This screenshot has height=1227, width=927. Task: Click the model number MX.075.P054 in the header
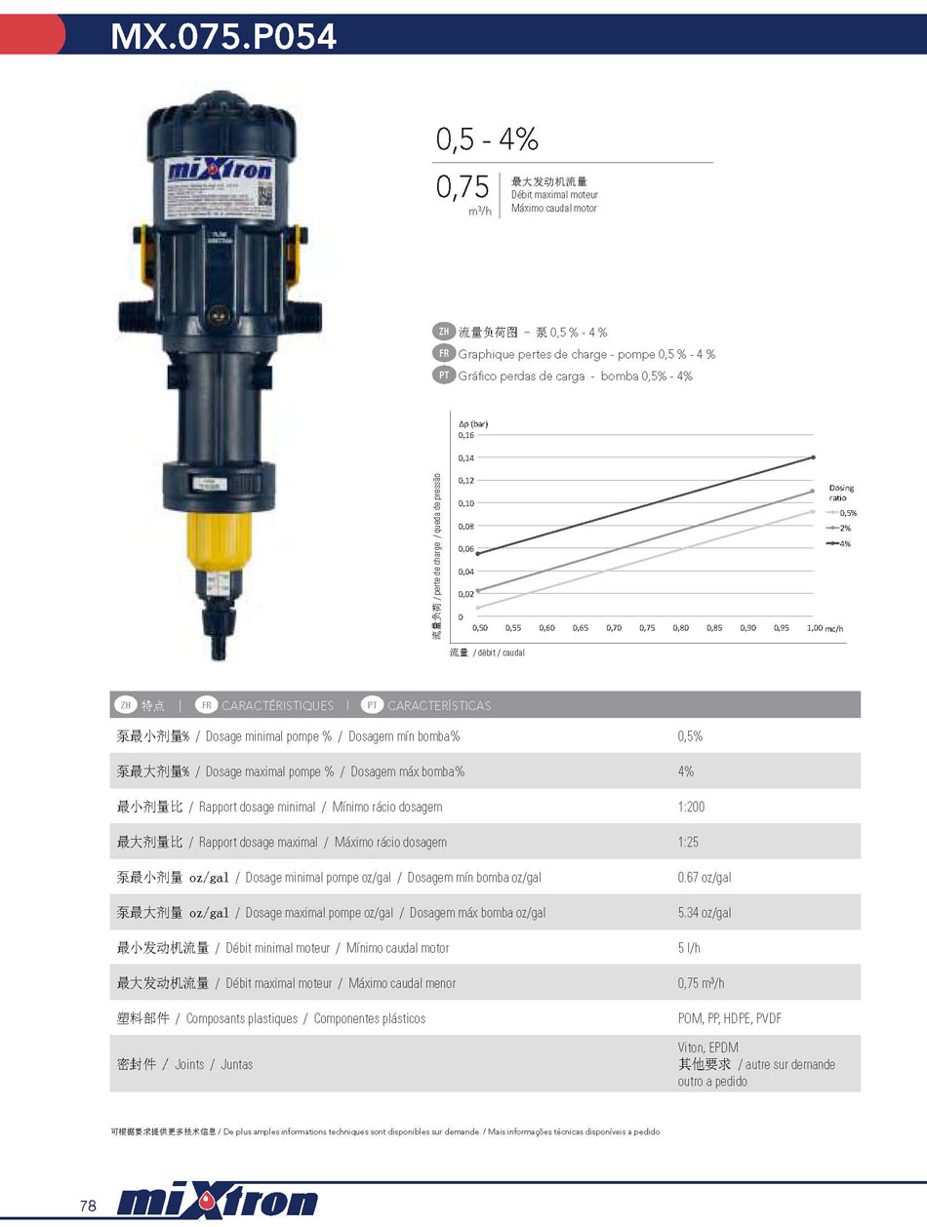pos(223,36)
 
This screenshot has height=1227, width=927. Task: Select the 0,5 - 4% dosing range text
pos(487,139)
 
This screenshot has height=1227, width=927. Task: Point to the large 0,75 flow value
pos(463,188)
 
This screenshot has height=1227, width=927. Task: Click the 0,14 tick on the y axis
pos(465,457)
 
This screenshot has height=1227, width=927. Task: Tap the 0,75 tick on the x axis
pos(647,628)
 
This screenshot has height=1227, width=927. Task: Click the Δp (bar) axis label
pos(473,424)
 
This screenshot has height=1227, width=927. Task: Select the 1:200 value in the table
pos(691,807)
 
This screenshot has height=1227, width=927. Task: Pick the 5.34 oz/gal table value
pos(705,913)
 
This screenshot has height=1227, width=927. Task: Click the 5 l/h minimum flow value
pos(689,948)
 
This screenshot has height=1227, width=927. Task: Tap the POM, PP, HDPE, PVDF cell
pos(730,1018)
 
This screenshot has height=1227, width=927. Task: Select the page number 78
pos(89,1206)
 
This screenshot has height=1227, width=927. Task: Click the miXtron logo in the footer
pos(217,1203)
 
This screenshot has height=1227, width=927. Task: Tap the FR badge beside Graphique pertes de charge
pos(443,354)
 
